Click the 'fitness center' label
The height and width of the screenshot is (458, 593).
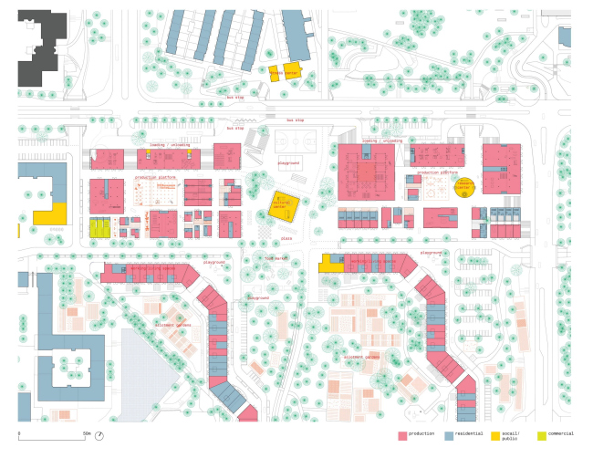(284, 72)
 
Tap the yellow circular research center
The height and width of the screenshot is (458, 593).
(465, 186)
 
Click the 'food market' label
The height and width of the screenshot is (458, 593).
(276, 258)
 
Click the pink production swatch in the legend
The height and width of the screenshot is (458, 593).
(401, 436)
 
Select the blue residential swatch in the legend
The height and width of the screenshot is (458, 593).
(449, 436)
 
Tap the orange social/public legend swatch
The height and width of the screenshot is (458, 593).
(495, 436)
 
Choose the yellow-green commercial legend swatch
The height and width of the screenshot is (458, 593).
(541, 436)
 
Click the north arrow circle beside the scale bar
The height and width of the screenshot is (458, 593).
(99, 435)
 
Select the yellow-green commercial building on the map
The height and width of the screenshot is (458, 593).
(99, 228)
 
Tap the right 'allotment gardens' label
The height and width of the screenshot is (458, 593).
(363, 357)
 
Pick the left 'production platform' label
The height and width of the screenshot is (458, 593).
(156, 177)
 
